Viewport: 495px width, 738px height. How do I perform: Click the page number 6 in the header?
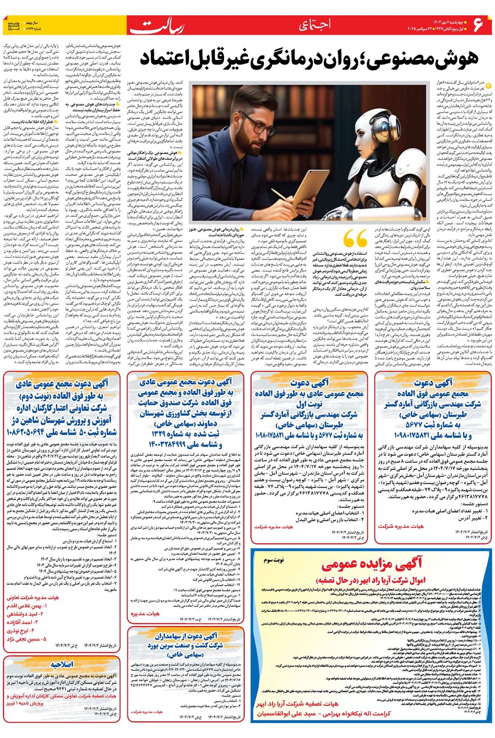[479, 24]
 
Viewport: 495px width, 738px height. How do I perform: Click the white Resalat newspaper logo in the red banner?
[156, 26]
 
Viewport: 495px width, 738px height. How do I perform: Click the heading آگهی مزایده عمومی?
[371, 564]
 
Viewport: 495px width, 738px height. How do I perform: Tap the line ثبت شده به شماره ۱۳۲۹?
[185, 434]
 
